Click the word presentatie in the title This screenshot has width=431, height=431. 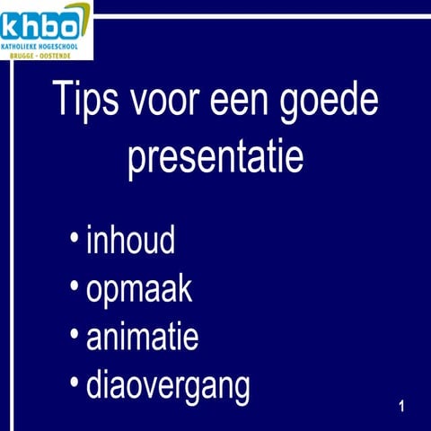tap(215, 158)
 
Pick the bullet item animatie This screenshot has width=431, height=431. tap(142, 339)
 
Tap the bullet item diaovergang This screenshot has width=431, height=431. tap(168, 388)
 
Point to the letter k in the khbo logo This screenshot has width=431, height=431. tap(12, 21)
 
